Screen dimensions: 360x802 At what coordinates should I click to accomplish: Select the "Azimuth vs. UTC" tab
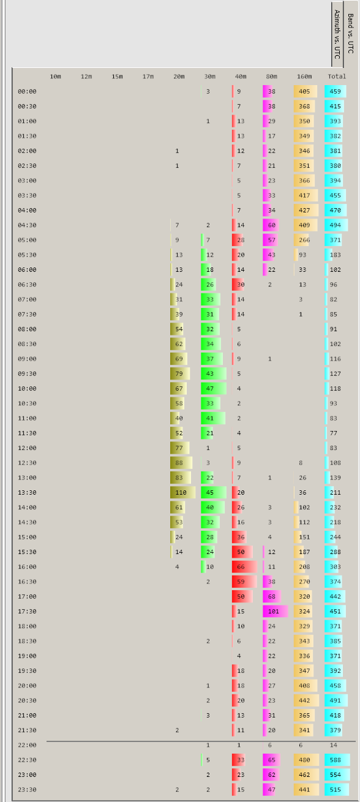pos(337,34)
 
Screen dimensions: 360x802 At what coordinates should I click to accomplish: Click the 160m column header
pos(304,77)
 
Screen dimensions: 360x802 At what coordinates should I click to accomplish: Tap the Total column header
pos(337,77)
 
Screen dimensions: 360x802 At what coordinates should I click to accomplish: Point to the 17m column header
pos(148,77)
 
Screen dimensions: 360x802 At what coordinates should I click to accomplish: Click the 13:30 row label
pos(27,492)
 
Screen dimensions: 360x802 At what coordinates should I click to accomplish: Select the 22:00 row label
pos(27,745)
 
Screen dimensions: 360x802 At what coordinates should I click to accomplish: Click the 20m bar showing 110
pos(182,492)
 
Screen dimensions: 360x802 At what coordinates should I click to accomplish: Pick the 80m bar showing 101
pos(275,611)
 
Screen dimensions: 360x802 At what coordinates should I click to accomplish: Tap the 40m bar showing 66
pos(244,567)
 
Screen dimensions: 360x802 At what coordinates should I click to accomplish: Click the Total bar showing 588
pos(337,760)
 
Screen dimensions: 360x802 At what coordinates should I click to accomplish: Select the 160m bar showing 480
pos(306,760)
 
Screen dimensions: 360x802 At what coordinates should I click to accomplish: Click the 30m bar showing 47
pos(214,389)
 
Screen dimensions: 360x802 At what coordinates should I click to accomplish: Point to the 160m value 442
pos(304,700)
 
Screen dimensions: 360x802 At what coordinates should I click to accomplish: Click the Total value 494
pos(336,225)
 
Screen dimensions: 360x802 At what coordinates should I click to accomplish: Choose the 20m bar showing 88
pos(181,463)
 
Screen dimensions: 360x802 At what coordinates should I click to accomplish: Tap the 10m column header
pos(55,77)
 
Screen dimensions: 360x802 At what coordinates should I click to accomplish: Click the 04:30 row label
pos(27,225)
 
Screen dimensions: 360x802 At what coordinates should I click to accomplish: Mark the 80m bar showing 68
pos(271,596)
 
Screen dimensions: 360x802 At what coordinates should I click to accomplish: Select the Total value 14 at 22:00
pos(334,745)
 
